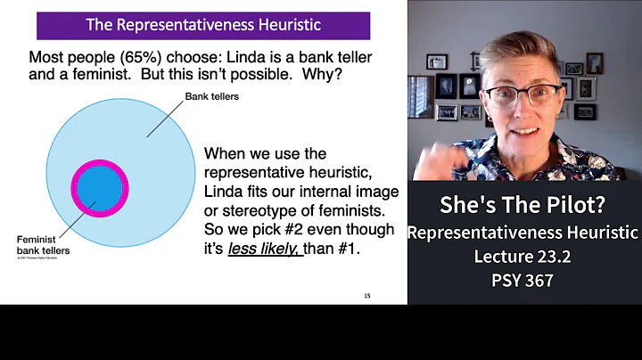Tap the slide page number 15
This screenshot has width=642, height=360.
367,296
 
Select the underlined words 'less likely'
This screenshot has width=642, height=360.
264,249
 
